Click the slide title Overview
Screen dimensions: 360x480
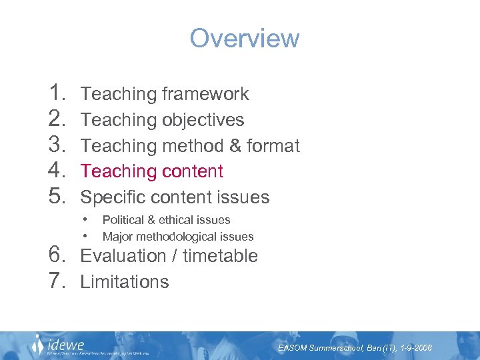coord(245,38)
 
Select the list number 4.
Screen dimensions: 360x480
coord(57,171)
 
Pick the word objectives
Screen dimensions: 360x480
coord(203,120)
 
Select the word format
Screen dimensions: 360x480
coord(273,146)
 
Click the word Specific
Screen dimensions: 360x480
coord(115,197)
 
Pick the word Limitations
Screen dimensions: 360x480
coord(125,282)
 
